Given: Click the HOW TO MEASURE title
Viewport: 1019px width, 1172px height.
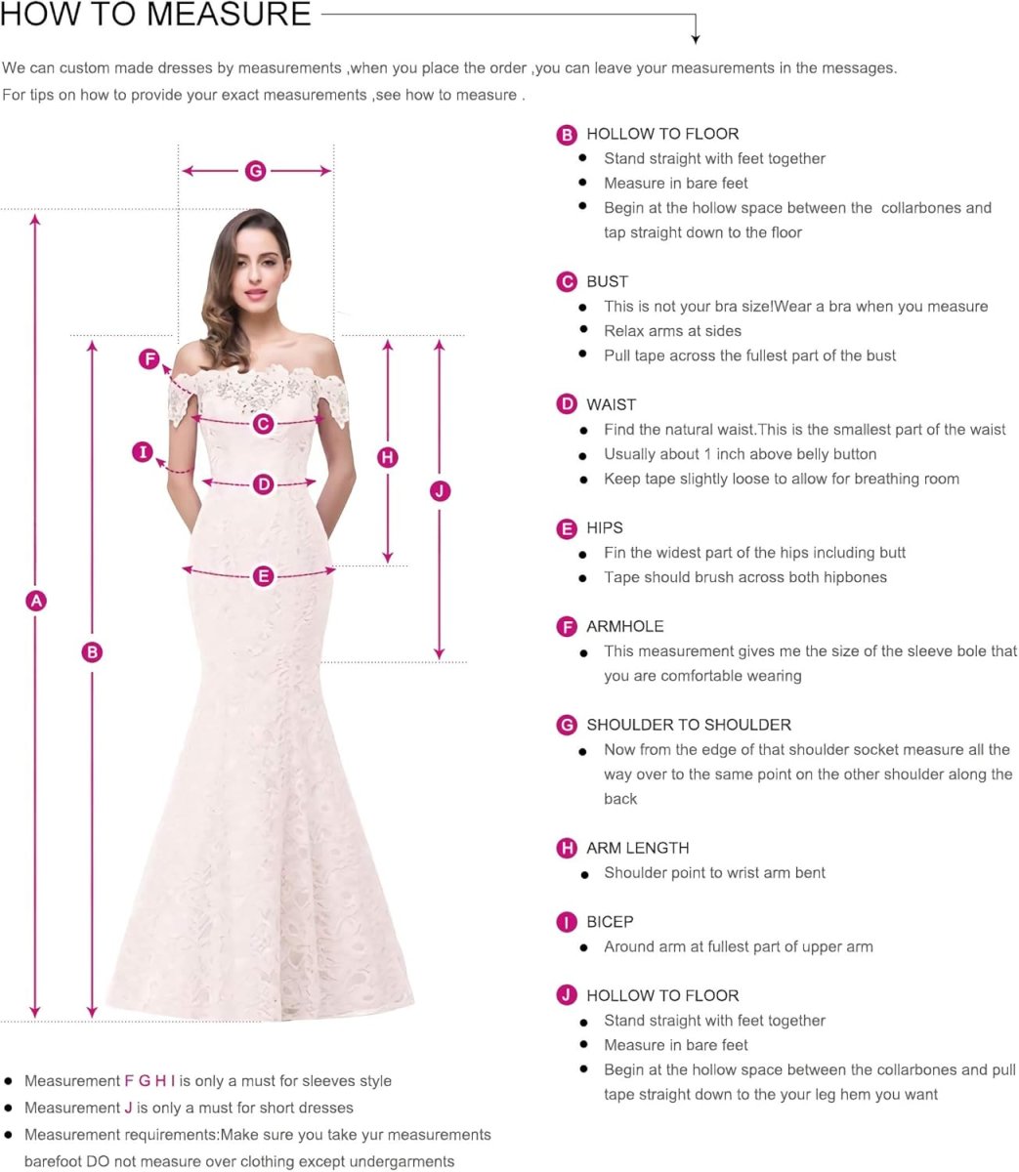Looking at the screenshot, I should (156, 15).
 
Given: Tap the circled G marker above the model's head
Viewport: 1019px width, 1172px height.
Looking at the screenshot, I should (255, 171).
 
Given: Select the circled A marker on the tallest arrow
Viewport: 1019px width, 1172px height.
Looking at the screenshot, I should (35, 601).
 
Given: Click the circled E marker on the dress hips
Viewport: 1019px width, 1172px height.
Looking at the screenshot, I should (263, 576).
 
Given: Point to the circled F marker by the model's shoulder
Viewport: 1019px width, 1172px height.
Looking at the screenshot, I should (149, 359).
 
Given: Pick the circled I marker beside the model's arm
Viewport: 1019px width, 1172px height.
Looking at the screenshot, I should (144, 452).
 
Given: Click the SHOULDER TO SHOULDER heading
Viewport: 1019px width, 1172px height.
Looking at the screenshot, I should (689, 725).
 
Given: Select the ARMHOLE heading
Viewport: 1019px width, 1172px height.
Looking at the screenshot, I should (624, 626).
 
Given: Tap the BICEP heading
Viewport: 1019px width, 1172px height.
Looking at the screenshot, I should (610, 922).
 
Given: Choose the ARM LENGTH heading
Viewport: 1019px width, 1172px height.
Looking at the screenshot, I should (637, 848).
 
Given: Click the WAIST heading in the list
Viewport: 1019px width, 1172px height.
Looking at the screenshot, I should (611, 404).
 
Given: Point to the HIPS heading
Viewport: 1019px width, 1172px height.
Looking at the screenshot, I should (604, 527).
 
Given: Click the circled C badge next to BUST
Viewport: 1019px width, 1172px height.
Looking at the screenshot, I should (567, 282).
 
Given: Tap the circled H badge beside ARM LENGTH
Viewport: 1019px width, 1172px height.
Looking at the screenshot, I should (567, 848).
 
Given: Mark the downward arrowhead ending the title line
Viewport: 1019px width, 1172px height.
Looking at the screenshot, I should (696, 38).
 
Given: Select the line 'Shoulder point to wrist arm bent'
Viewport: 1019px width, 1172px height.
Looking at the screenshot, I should (714, 873).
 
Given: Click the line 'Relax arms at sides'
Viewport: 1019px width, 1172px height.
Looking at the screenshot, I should (672, 331).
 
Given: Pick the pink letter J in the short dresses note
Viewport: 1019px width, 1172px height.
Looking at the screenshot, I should (128, 1108).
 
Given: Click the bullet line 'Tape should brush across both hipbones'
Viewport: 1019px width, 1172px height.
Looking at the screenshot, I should (745, 577).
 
